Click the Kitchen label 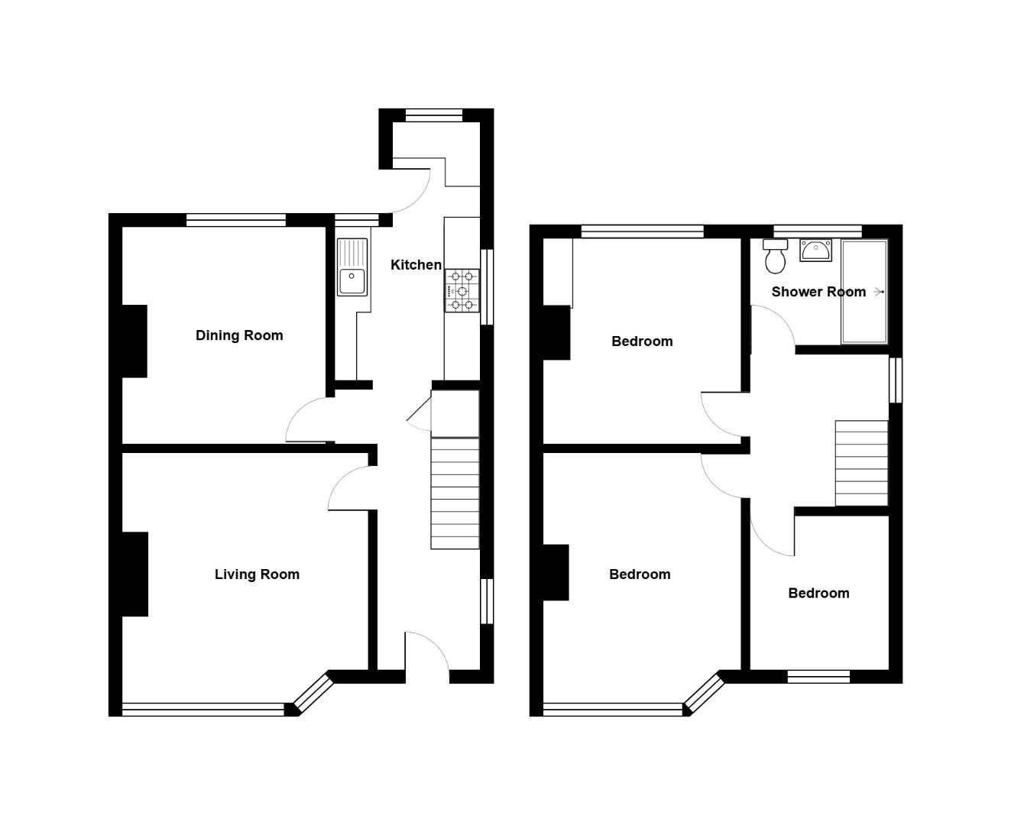pos(416,265)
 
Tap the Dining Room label pos(239,335)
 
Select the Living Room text pos(257,574)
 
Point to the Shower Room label pos(818,292)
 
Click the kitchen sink pos(352,267)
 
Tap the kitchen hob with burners pos(462,290)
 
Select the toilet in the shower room pos(775,256)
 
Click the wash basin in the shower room pos(815,250)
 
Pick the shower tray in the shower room pos(864,292)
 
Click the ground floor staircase pos(455,493)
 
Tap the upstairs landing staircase pos(861,463)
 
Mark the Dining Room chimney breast pos(134,341)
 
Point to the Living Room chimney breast pos(135,574)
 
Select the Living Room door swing pos(350,489)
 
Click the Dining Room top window pos(235,220)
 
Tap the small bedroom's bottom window pos(818,676)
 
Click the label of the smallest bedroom pos(818,594)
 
